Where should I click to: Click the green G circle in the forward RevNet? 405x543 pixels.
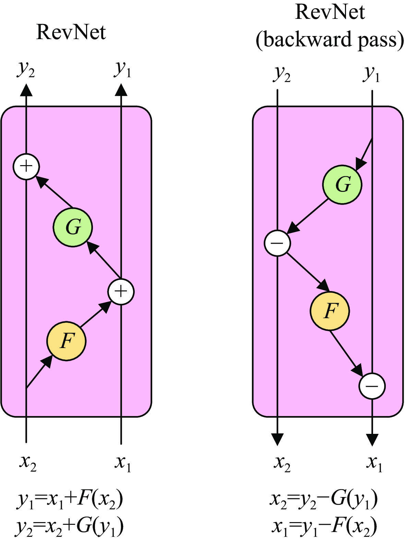point(73,227)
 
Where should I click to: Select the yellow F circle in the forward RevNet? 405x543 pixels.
point(67,341)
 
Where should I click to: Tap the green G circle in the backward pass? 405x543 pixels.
point(342,185)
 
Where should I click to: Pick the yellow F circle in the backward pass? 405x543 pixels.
point(330,311)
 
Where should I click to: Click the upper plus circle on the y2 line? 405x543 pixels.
point(26,166)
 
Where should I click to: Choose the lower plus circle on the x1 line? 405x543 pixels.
point(121,292)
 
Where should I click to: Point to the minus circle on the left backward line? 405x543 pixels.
point(277,243)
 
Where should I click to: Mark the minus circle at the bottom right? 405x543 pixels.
point(372,386)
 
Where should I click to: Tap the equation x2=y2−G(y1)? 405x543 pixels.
point(324,499)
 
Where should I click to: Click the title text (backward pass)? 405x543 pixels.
point(330,40)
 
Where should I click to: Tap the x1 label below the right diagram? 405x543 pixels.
point(374,463)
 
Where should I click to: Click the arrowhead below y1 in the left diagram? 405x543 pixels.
point(121,90)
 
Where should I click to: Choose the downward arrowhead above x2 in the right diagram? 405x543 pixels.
point(277,439)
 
